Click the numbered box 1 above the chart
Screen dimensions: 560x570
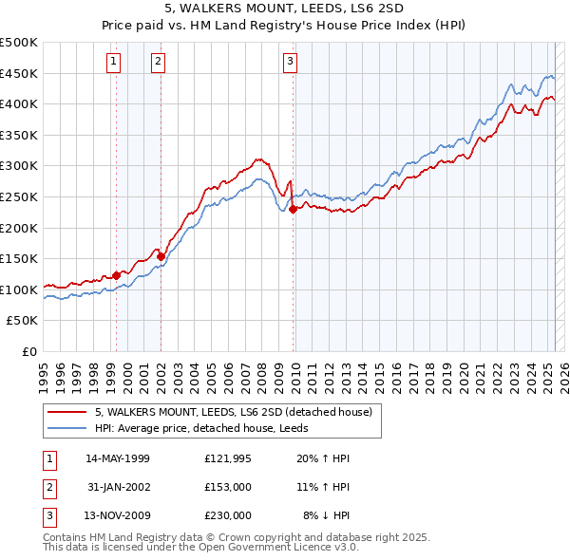113,63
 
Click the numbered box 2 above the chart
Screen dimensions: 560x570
158,63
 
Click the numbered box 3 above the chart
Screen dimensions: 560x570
289,63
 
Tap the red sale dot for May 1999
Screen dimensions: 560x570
117,276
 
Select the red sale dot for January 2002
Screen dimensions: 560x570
161,256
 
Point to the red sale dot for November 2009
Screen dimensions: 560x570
293,210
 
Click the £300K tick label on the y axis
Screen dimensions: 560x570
19,166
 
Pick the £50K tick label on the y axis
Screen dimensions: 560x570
23,321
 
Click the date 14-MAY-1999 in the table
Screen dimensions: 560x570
118,458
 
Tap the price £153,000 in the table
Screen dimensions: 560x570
228,487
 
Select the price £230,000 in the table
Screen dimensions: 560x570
228,515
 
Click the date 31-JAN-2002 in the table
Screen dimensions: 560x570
118,487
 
